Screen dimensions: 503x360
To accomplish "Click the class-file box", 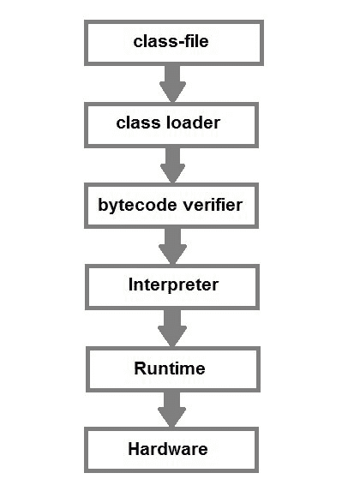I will pos(172,41).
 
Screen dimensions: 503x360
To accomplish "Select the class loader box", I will pos(172,123).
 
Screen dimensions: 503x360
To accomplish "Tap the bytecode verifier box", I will pos(172,206).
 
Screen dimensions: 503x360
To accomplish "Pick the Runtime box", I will pos(172,368).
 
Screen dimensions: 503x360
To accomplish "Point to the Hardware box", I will pos(172,450).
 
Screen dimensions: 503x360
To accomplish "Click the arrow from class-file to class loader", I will pos(172,82).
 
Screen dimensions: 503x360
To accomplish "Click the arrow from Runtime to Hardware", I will pos(172,410).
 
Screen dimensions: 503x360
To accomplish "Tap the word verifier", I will pos(204,206).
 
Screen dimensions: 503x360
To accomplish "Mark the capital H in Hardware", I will pos(133,450).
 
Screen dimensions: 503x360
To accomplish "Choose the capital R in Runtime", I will pos(140,368).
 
